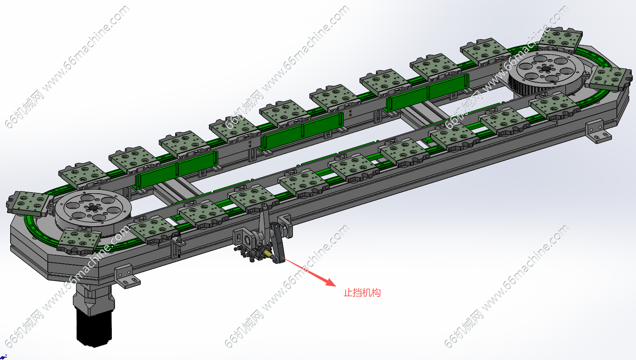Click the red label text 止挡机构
pyautogui.click(x=362, y=293)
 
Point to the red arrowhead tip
pyautogui.click(x=336, y=286)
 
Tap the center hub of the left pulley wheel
pyautogui.click(x=93, y=208)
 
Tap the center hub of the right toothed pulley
pyautogui.click(x=545, y=68)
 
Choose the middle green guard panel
pyautogui.click(x=302, y=131)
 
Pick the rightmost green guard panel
pyautogui.click(x=428, y=92)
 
